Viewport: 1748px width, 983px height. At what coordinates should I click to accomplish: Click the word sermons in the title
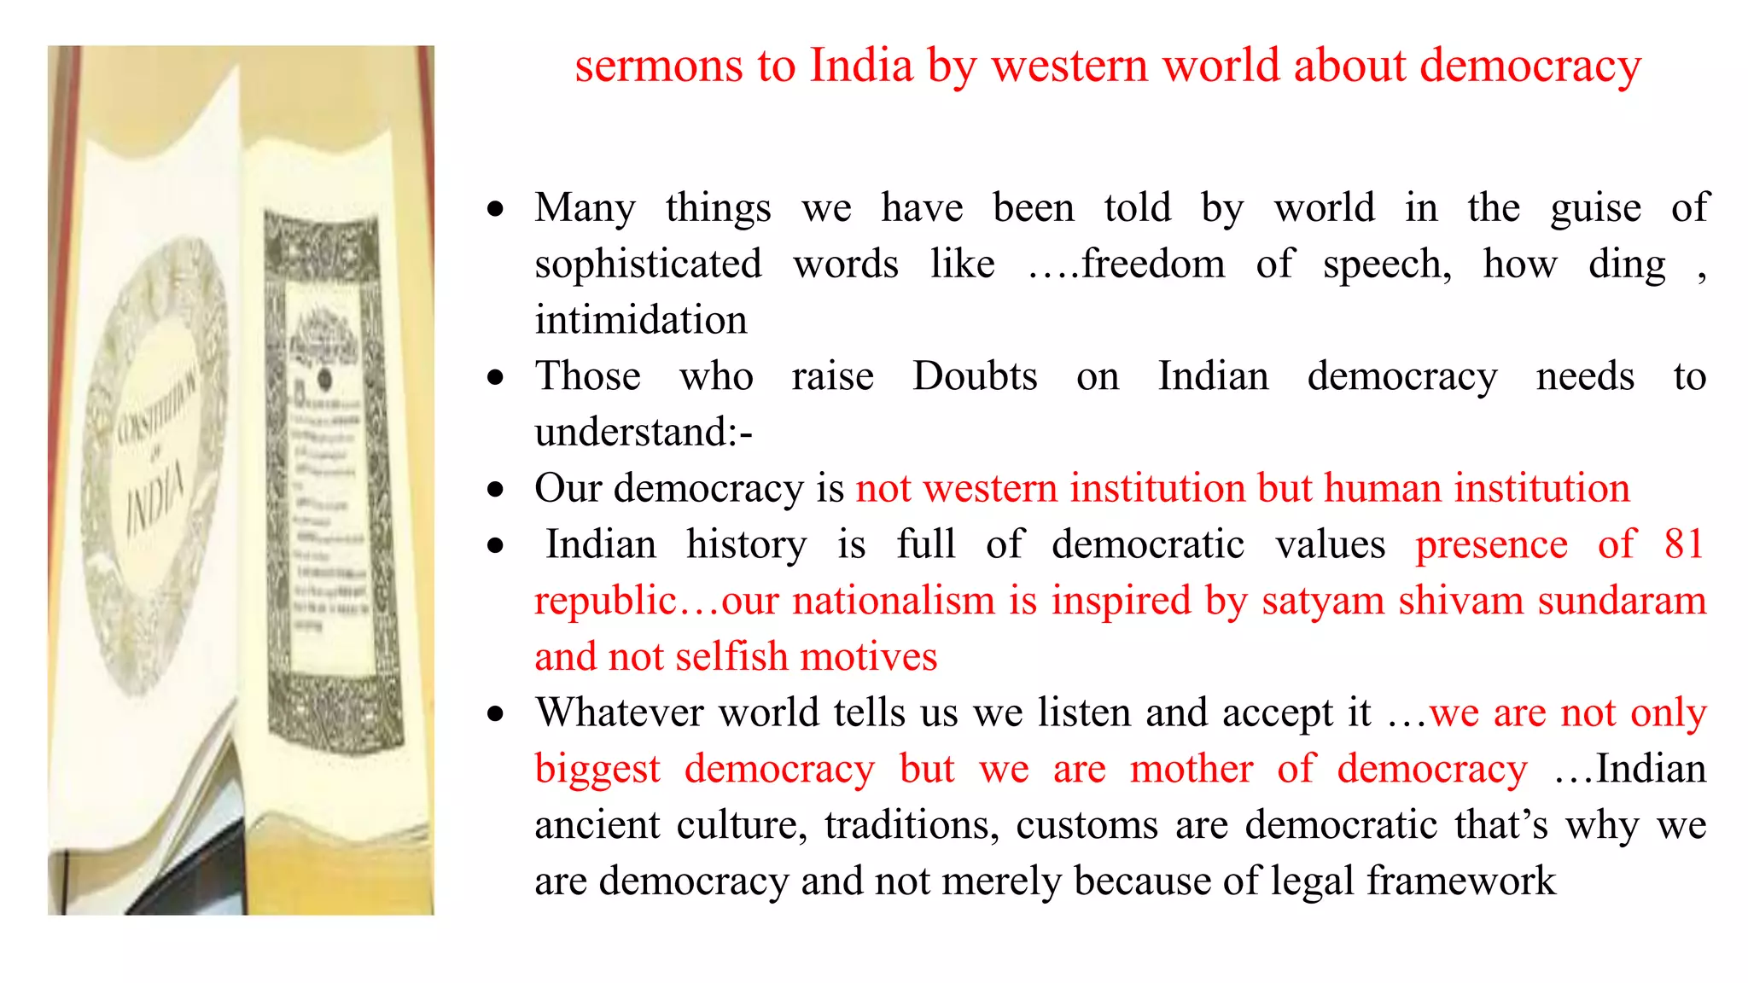(658, 67)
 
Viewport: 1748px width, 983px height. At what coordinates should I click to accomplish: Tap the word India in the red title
(860, 67)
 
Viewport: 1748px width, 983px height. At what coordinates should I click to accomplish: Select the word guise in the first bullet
(1595, 209)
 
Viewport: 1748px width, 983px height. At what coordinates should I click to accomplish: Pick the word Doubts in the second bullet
(975, 377)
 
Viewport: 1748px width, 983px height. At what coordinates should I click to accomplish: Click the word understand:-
(644, 433)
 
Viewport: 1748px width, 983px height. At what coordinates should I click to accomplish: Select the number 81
(1683, 545)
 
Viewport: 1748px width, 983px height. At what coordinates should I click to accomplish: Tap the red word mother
(1192, 770)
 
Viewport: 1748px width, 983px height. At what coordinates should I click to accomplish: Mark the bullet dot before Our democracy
(496, 490)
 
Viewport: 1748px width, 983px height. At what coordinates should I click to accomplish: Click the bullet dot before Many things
(496, 209)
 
